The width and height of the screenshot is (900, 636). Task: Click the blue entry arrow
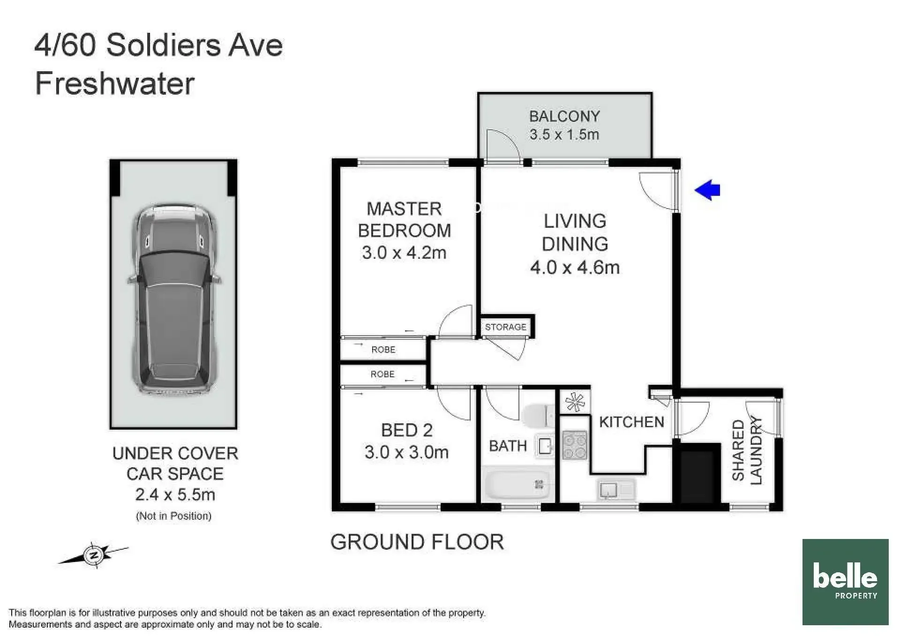point(707,190)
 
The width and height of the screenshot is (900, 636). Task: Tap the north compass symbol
point(93,555)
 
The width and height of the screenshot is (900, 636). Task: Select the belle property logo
point(845,582)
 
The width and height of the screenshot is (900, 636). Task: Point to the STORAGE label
point(505,327)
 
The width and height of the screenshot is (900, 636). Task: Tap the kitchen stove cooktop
point(575,445)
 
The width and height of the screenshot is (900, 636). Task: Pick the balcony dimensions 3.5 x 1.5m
point(564,135)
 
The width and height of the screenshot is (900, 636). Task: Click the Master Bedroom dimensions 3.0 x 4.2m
point(404,253)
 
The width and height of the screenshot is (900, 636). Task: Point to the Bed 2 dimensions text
point(406,452)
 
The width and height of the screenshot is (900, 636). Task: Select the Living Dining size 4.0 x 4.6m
point(575,268)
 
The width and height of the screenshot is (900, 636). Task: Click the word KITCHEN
point(631,422)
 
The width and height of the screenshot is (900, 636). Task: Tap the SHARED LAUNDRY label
point(747,450)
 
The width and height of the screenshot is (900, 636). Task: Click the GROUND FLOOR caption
point(417,542)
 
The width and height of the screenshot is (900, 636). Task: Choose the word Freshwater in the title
point(115,84)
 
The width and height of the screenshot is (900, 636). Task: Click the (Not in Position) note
point(174,516)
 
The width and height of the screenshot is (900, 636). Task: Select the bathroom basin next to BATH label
point(545,446)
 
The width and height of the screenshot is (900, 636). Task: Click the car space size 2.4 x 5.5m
point(175,494)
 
